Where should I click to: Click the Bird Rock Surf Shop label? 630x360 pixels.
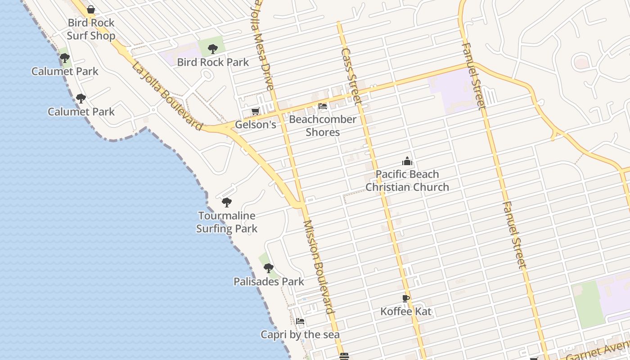[91, 29]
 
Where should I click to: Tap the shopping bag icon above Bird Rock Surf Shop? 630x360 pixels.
[91, 9]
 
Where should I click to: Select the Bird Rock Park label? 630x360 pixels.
[213, 62]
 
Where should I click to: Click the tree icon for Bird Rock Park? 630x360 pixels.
[213, 49]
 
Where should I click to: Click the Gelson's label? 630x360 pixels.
[256, 125]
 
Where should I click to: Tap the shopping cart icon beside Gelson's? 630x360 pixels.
[255, 111]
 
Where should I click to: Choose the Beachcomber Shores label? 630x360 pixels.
[323, 126]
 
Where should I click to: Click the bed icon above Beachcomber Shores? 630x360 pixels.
[323, 107]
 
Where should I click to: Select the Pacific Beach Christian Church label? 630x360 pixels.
[407, 180]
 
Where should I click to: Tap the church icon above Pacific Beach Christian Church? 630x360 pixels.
[407, 161]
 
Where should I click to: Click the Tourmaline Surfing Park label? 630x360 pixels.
[227, 222]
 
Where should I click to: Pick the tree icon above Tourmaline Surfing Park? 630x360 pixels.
[227, 202]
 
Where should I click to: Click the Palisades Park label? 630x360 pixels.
[269, 282]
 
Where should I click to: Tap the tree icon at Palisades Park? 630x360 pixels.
[269, 268]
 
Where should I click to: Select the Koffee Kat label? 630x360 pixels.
[406, 311]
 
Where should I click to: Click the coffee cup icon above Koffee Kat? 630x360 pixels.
[406, 298]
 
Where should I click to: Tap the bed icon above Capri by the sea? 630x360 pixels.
[300, 321]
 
